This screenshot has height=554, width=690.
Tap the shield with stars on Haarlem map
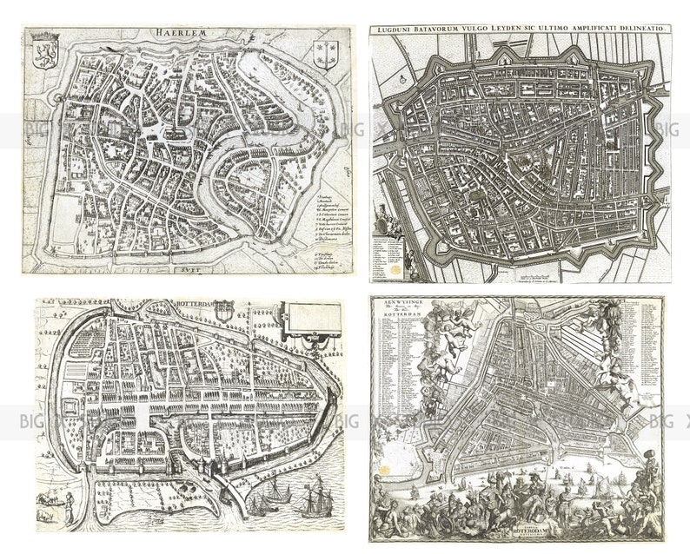click(327, 55)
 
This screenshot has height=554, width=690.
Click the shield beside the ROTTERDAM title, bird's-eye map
click(224, 309)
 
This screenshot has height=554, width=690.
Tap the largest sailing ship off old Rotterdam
click(314, 500)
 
